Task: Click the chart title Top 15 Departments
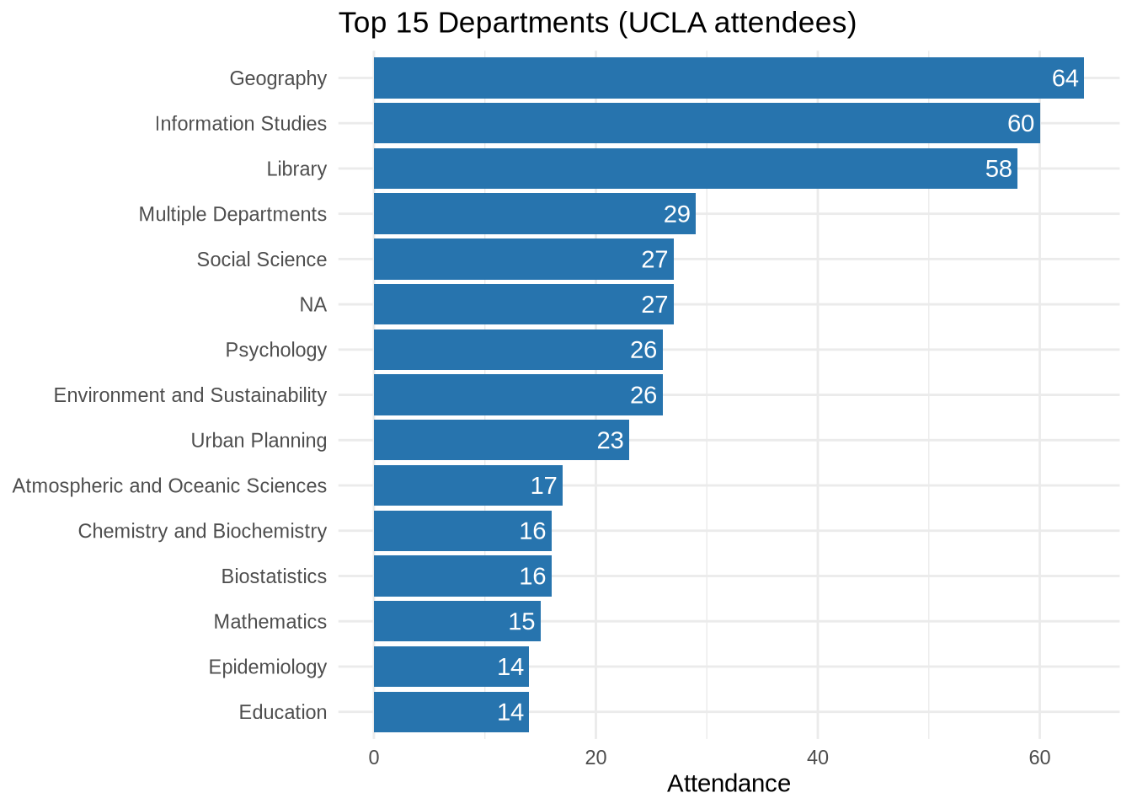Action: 596,23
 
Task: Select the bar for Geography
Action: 728,78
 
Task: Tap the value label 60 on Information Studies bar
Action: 1020,124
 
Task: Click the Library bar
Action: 695,169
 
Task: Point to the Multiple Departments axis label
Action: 232,214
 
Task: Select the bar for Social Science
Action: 523,260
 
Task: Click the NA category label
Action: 312,305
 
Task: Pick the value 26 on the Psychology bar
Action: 643,350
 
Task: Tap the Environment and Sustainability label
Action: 190,395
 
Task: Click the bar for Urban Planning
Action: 501,441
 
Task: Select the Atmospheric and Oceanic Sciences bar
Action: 467,485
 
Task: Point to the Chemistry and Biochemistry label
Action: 202,531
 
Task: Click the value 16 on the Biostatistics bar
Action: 532,576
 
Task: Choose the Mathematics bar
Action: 457,622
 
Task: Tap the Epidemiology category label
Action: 268,667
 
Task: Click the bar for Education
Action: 451,712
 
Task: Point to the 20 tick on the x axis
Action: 595,758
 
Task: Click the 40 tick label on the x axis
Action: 817,758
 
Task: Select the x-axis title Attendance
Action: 729,784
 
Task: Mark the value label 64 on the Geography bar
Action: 1065,78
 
